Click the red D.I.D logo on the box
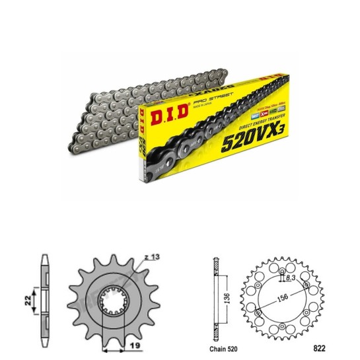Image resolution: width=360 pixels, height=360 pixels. pos(166,113)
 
